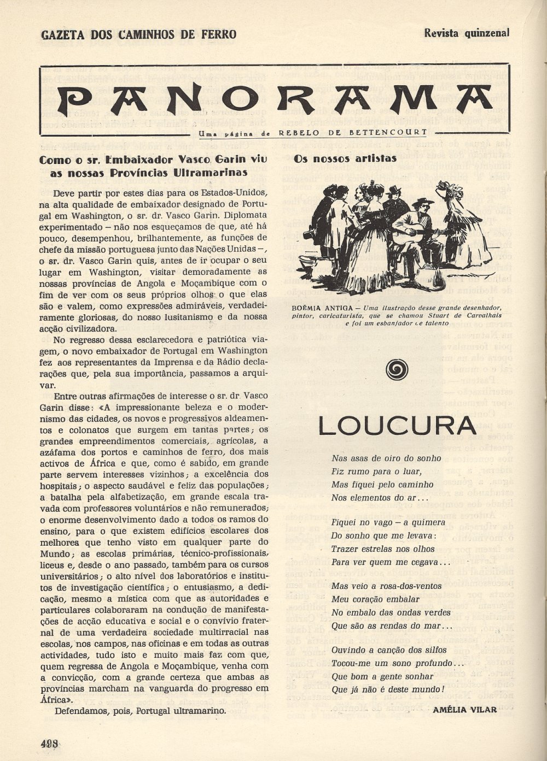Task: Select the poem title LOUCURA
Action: [x=397, y=427]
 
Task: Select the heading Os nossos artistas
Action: [x=345, y=159]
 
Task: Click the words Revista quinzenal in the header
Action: [x=467, y=32]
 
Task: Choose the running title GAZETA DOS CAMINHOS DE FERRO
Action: [x=139, y=34]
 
